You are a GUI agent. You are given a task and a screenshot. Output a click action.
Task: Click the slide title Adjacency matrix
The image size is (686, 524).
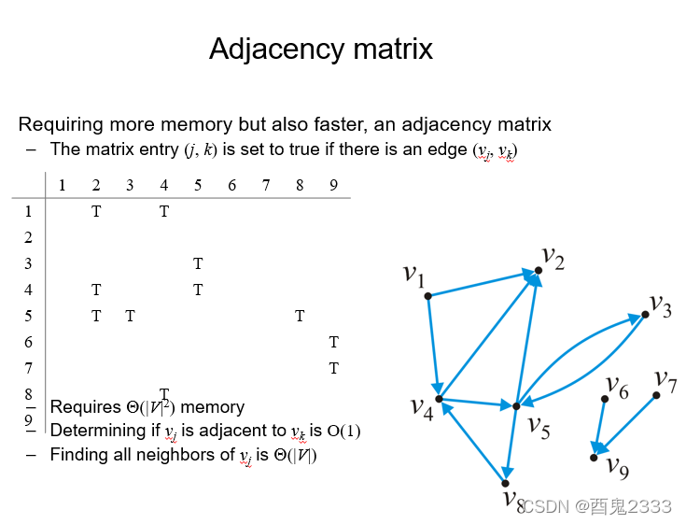321,49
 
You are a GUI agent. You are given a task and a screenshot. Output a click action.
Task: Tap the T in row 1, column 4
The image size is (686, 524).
164,211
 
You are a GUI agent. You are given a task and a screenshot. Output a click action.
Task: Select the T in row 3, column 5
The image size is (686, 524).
198,263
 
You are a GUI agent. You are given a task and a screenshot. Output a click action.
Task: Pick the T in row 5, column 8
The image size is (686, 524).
300,316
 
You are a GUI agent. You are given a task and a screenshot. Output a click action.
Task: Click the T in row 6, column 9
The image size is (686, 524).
333,342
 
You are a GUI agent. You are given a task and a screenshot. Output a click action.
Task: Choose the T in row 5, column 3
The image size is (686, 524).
130,316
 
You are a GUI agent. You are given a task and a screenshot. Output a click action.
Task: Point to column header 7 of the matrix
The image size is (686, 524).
266,185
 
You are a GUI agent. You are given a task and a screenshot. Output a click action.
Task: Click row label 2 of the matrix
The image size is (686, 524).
28,237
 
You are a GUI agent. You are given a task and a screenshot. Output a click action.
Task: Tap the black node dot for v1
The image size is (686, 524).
427,296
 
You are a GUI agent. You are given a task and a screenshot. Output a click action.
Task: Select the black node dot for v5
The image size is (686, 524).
515,406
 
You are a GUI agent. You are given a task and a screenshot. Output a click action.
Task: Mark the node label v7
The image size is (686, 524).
665,378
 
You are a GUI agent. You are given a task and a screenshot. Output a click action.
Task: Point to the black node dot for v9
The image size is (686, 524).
594,457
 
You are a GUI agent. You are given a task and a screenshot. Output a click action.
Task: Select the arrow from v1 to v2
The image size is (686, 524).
483,284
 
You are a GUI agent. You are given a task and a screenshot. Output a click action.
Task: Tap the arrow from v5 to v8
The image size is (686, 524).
511,444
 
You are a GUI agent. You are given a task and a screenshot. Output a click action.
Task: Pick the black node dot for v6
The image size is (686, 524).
605,399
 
